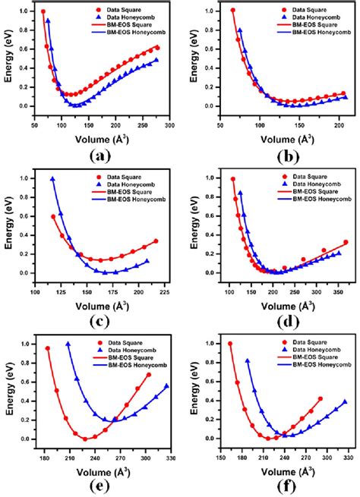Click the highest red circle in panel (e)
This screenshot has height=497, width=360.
(x=47, y=348)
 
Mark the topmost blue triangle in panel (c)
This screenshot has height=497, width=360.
(x=52, y=179)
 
